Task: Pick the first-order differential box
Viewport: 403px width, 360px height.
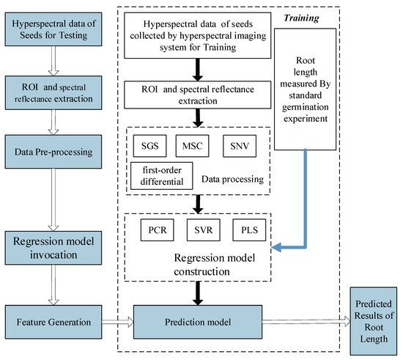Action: (162, 176)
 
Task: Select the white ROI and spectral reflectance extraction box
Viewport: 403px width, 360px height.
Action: (199, 91)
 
